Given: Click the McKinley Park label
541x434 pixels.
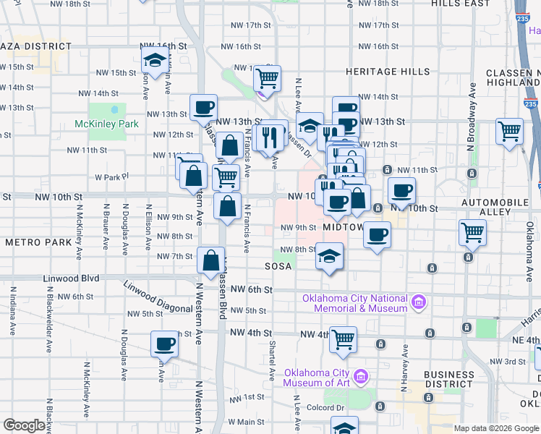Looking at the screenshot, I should pyautogui.click(x=106, y=124).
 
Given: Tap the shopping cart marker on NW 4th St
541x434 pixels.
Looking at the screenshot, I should pyautogui.click(x=343, y=338).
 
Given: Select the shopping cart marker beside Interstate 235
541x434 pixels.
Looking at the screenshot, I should pyautogui.click(x=509, y=131).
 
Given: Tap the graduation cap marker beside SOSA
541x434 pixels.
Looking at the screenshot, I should pyautogui.click(x=329, y=256).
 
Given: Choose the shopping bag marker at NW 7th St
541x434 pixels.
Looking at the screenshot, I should pyautogui.click(x=210, y=260).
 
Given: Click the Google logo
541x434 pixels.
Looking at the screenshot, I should pyautogui.click(x=25, y=426).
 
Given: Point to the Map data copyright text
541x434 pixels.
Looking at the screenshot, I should pyautogui.click(x=496, y=428).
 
